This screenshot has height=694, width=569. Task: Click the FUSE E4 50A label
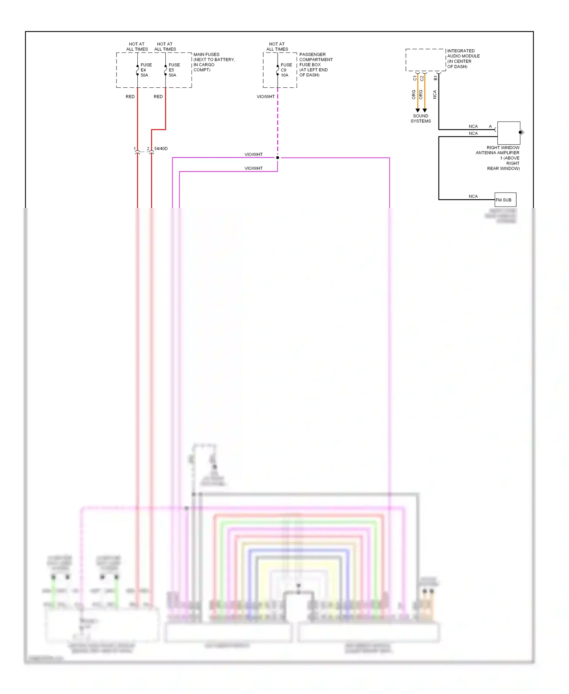click(x=146, y=70)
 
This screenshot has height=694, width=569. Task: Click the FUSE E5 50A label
click(x=174, y=70)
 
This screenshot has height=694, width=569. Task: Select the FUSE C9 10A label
click(x=286, y=70)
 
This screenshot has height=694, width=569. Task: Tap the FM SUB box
click(x=505, y=200)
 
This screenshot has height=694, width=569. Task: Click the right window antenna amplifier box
click(x=508, y=133)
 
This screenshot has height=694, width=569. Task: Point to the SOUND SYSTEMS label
click(x=420, y=118)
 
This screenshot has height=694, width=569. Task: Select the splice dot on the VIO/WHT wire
click(x=278, y=158)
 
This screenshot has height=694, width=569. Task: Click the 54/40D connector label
click(x=161, y=148)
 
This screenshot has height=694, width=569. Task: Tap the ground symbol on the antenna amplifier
click(x=522, y=132)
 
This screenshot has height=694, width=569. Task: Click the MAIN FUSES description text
click(x=214, y=62)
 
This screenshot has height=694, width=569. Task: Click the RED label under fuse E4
click(x=130, y=97)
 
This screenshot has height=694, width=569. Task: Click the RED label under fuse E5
click(x=158, y=97)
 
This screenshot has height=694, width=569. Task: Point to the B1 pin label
click(x=435, y=78)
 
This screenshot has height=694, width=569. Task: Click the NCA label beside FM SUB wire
click(x=473, y=196)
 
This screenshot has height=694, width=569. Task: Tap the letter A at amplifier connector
click(x=490, y=126)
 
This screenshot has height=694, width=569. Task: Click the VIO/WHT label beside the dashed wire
click(x=266, y=97)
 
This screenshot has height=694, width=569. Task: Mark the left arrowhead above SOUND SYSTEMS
click(x=418, y=110)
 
